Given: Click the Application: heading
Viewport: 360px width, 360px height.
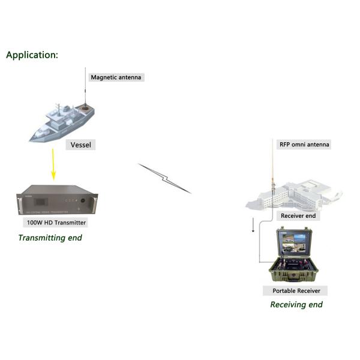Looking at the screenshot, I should click(32, 55).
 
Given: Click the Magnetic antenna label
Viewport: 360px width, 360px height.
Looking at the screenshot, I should click(116, 77).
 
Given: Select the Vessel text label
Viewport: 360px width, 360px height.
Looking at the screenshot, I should click(81, 145).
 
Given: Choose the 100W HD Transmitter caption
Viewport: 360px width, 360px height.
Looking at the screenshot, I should click(56, 223).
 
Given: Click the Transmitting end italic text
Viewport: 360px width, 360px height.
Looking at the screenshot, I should click(50, 238).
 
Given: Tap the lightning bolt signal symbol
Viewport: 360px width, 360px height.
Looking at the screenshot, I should click(164, 178).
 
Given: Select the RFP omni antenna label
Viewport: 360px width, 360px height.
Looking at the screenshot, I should click(304, 144).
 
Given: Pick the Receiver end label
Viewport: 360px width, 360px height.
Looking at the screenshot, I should click(298, 216).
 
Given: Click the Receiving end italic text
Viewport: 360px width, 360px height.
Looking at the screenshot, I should click(296, 305).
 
